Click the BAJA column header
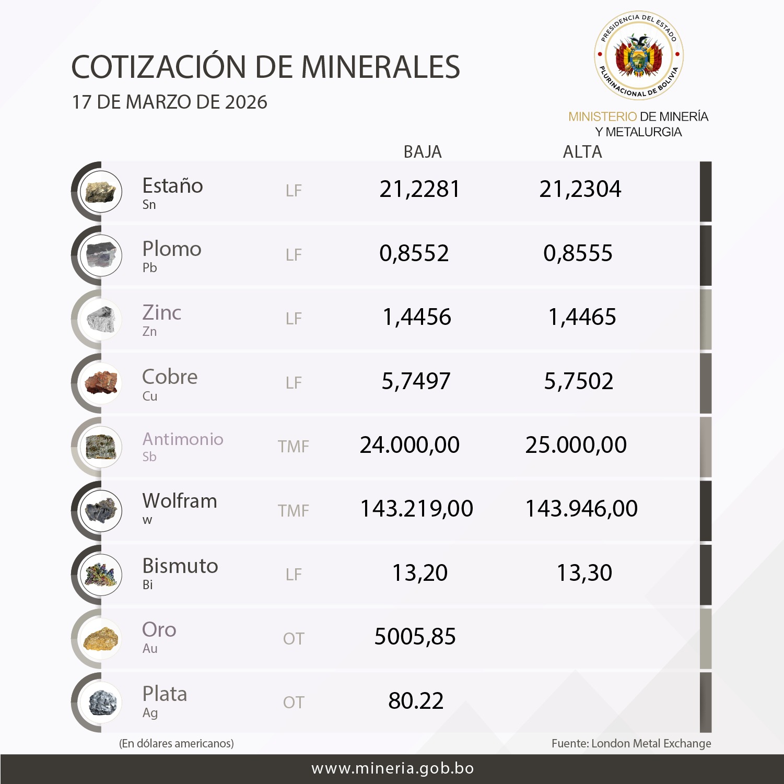[x=423, y=152]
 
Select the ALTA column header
[x=582, y=152]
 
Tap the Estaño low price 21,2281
[x=419, y=189]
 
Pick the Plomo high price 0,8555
[x=578, y=253]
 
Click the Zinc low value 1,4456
[x=417, y=317]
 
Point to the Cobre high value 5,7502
[x=579, y=381]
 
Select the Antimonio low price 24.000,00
[x=409, y=445]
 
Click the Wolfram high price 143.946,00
[x=581, y=509]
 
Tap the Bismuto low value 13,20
[x=420, y=573]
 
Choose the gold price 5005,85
[x=415, y=637]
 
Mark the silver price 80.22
[x=416, y=701]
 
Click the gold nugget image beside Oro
[x=101, y=639]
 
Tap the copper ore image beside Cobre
[x=101, y=383]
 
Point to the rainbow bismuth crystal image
[x=101, y=575]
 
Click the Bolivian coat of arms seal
[x=639, y=55]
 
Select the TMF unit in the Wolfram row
[x=294, y=510]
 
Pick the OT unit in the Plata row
[x=294, y=703]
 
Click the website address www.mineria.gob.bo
[x=392, y=768]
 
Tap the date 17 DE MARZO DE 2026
[x=170, y=102]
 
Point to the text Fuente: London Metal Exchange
[x=631, y=743]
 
